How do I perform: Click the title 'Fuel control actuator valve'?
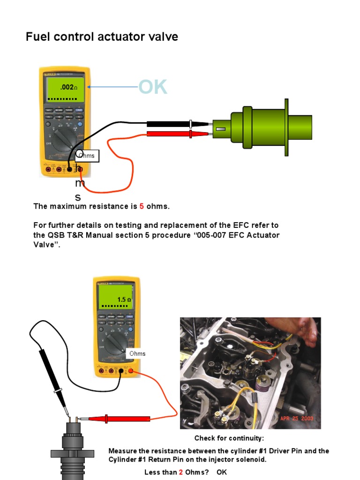click(102, 37)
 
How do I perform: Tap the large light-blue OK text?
click(152, 87)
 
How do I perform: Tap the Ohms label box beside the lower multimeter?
click(137, 353)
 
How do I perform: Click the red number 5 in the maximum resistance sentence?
click(142, 206)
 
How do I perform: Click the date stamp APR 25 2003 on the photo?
click(296, 418)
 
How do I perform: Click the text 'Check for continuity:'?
click(229, 438)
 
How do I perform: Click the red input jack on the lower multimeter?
click(131, 372)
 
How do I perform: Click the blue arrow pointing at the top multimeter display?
click(112, 87)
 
